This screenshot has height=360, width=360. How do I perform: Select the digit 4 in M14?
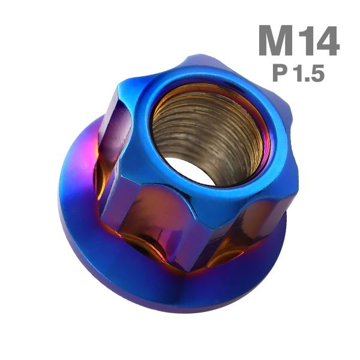(x=328, y=41)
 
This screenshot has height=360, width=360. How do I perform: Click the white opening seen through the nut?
(x=189, y=170)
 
